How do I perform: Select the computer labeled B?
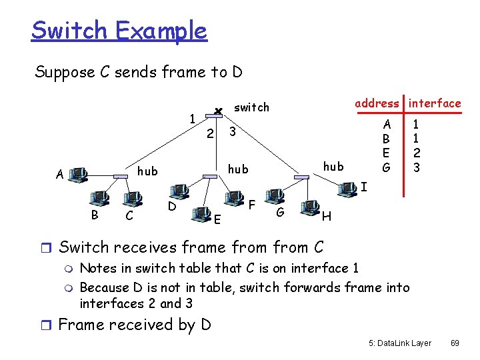click(99, 198)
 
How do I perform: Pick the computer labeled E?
click(200, 213)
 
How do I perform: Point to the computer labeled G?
click(273, 196)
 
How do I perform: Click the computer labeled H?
click(309, 207)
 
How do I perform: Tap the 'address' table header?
click(377, 103)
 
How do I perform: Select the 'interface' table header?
click(435, 103)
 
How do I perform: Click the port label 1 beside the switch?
click(192, 119)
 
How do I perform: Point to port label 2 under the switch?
click(209, 135)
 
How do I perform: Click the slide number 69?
click(455, 343)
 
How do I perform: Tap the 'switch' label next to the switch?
click(251, 107)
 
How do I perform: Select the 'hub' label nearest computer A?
click(147, 171)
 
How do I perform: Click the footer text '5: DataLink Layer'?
click(399, 343)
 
